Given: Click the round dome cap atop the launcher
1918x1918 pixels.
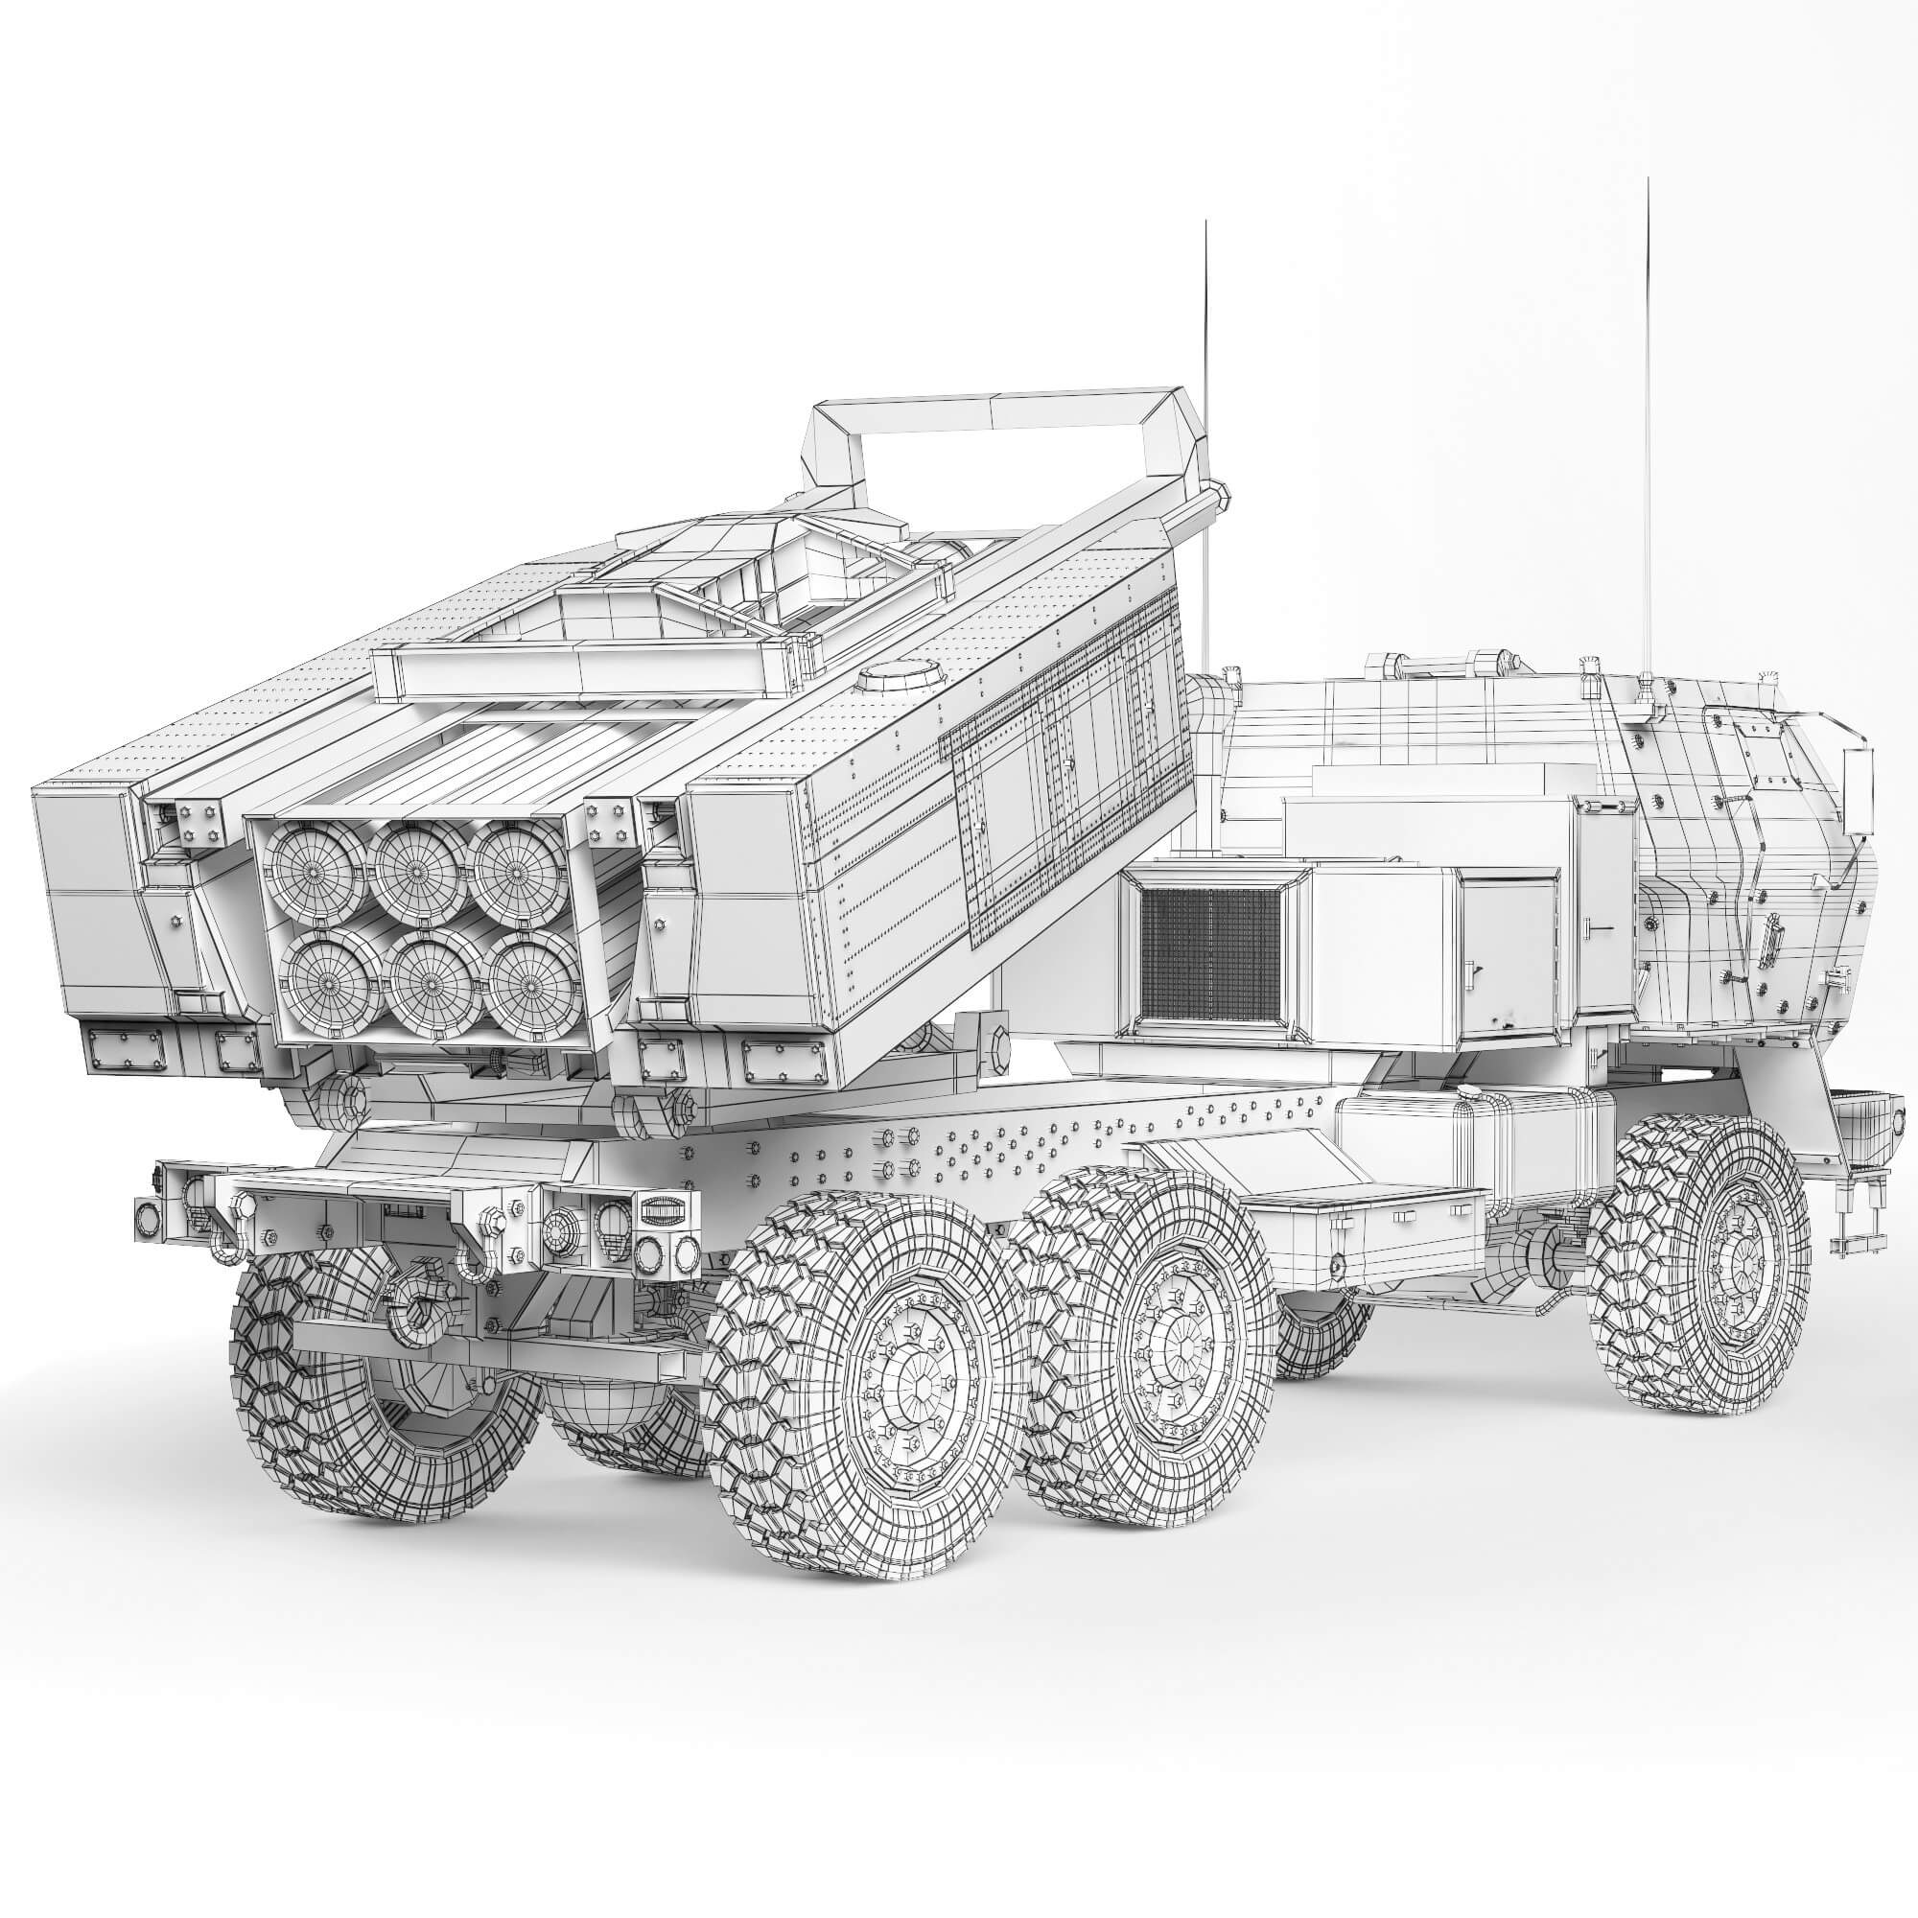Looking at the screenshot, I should click(x=901, y=677).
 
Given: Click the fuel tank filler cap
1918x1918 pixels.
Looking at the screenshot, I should click(x=1472, y=1092).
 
